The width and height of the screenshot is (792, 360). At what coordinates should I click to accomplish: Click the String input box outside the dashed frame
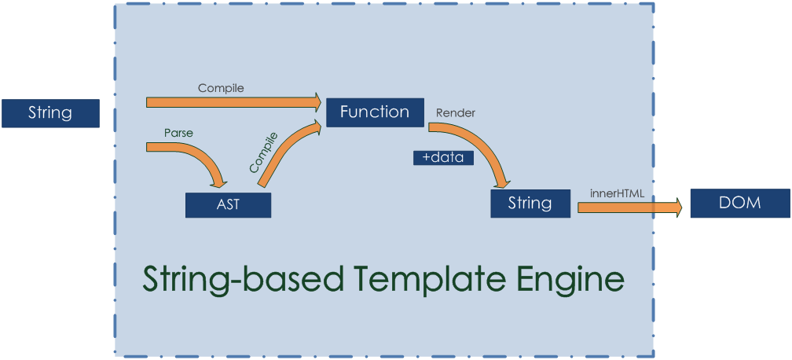50,113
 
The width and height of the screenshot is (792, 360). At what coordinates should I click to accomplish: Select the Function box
374,112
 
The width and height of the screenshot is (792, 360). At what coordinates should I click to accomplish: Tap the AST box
228,205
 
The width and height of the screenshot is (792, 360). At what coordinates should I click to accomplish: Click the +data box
443,158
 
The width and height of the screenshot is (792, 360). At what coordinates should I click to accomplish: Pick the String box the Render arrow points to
530,204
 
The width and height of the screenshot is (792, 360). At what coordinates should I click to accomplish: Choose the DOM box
739,204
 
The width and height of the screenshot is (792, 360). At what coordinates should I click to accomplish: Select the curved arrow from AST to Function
283,149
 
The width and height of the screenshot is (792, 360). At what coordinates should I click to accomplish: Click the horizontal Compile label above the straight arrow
221,88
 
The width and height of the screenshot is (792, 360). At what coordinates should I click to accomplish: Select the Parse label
178,133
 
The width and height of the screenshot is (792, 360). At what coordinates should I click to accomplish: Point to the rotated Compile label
263,153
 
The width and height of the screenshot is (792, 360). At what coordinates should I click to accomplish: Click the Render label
455,113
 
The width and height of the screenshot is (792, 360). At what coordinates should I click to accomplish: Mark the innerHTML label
617,193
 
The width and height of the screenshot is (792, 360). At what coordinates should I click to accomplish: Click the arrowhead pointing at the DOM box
675,208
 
